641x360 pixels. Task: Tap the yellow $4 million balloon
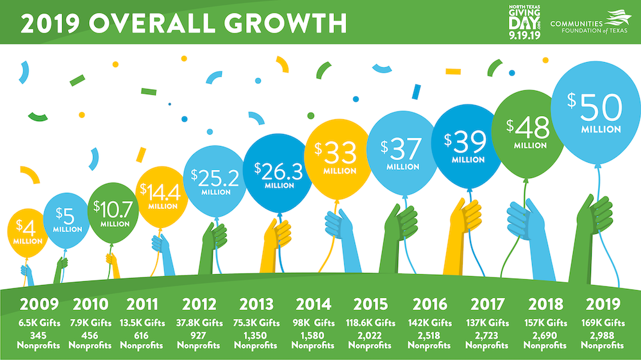point(29,233)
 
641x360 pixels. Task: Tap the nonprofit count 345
point(39,335)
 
